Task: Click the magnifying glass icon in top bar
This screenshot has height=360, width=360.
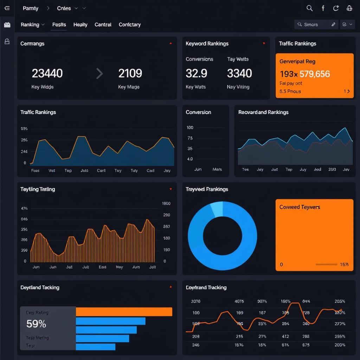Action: click(x=309, y=8)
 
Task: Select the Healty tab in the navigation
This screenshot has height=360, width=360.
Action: click(x=80, y=25)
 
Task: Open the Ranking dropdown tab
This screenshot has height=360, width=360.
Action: click(x=32, y=25)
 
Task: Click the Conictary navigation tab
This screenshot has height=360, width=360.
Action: click(x=129, y=25)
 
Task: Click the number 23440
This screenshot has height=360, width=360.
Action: click(x=47, y=73)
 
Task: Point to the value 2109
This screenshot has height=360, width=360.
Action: click(x=130, y=73)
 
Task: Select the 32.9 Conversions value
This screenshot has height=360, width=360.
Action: click(x=196, y=73)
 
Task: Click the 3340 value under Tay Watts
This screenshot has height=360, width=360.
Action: click(x=239, y=73)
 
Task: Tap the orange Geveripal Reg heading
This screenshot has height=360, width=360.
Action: click(x=297, y=61)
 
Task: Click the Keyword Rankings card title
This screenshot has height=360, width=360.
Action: click(x=207, y=44)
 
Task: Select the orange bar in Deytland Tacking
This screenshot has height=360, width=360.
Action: click(x=124, y=312)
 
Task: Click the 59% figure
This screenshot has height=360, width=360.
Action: click(x=36, y=324)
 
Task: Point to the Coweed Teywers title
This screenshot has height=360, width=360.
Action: click(x=300, y=207)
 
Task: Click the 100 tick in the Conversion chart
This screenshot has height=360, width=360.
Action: click(x=190, y=128)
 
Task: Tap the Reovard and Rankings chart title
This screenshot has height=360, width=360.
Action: click(x=263, y=112)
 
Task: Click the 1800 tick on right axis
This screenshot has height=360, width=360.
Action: click(x=166, y=203)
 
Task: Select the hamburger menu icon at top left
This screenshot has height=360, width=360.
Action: click(x=7, y=8)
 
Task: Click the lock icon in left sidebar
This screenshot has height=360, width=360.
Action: click(x=7, y=41)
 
